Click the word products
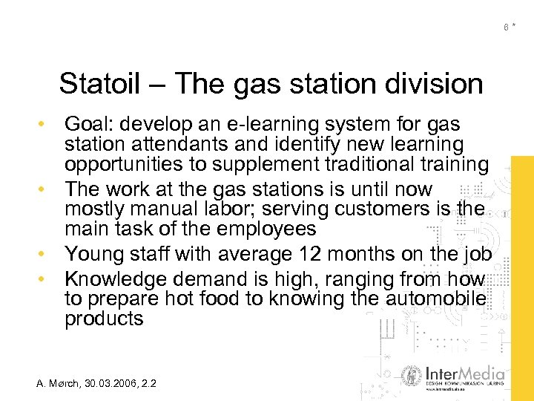pyautogui.click(x=103, y=319)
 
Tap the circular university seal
pyautogui.click(x=412, y=376)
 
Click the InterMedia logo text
pyautogui.click(x=466, y=373)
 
